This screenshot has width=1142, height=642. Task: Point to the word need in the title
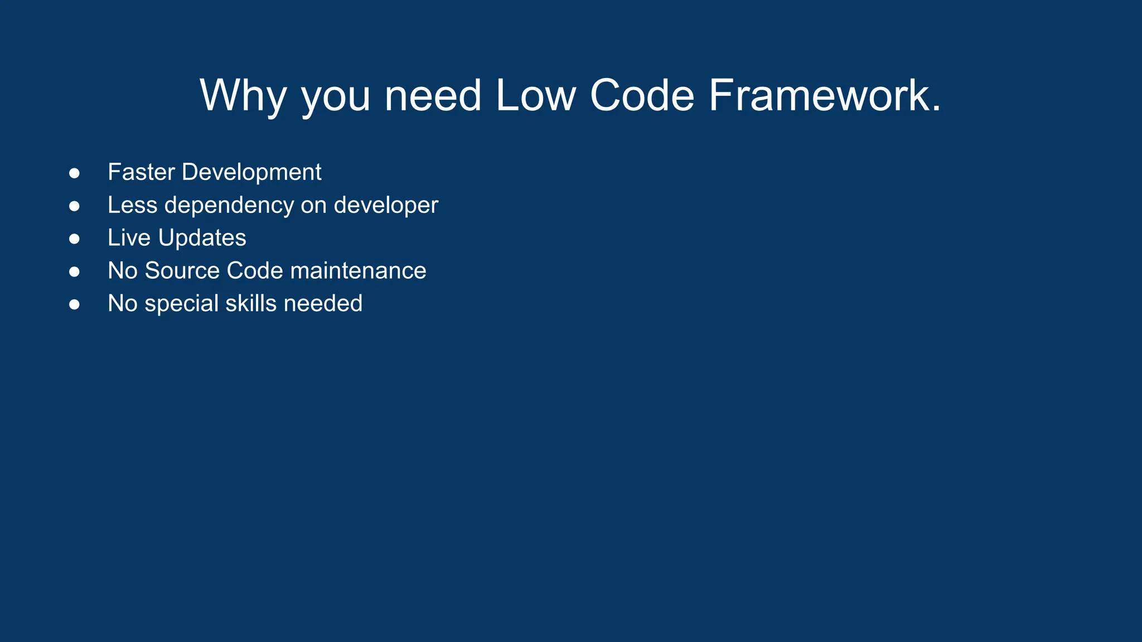tap(433, 96)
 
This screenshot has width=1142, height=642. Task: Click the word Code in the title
tap(642, 96)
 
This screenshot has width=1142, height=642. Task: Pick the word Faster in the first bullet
tap(141, 172)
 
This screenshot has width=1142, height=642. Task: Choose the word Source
tap(182, 271)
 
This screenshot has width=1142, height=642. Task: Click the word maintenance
tap(358, 271)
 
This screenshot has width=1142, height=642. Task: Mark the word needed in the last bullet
tap(323, 304)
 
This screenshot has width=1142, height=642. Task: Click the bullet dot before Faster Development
tap(74, 173)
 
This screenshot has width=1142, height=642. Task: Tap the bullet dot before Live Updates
tap(74, 239)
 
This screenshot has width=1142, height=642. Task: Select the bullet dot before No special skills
tap(74, 305)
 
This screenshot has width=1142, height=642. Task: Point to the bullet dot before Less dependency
tap(74, 206)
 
